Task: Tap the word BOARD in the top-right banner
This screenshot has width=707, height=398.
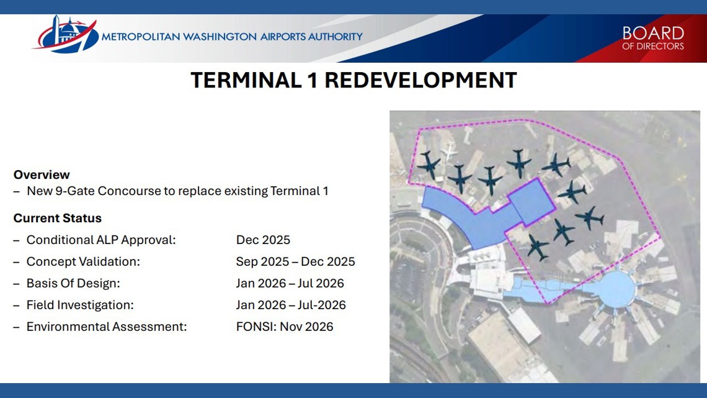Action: click(x=652, y=33)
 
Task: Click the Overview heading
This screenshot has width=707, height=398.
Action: click(x=42, y=174)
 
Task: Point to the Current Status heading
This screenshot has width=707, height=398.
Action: click(x=57, y=218)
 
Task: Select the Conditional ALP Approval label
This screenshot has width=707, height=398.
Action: click(x=101, y=240)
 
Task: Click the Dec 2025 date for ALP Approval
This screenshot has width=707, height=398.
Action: click(x=263, y=240)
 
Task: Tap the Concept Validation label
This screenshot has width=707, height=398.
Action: click(x=83, y=261)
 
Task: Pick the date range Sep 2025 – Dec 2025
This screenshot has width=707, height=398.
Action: click(x=295, y=261)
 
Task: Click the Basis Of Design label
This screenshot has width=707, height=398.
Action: click(x=73, y=283)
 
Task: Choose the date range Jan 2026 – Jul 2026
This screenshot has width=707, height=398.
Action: click(x=290, y=283)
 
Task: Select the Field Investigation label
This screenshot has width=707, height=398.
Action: click(x=80, y=305)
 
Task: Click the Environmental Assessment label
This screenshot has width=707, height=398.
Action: click(x=106, y=327)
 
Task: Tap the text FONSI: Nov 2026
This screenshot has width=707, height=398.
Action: click(x=285, y=327)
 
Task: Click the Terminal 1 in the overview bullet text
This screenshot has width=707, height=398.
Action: click(x=299, y=191)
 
